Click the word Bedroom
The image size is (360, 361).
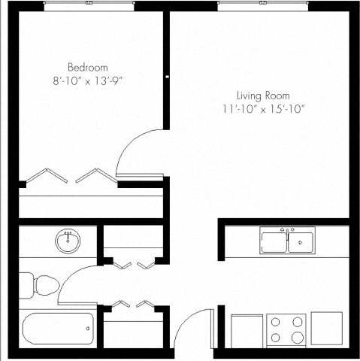pos(88,65)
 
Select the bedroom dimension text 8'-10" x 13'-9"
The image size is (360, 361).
pos(88,78)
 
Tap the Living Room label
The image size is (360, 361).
pos(263,96)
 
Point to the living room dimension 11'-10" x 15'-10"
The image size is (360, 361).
pos(263,108)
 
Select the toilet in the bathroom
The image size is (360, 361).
pos(38,285)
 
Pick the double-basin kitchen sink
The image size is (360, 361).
pos(287,241)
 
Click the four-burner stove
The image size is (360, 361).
pos(286,329)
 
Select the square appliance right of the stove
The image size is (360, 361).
pos(326,328)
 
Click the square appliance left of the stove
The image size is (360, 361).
pos(246,329)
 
